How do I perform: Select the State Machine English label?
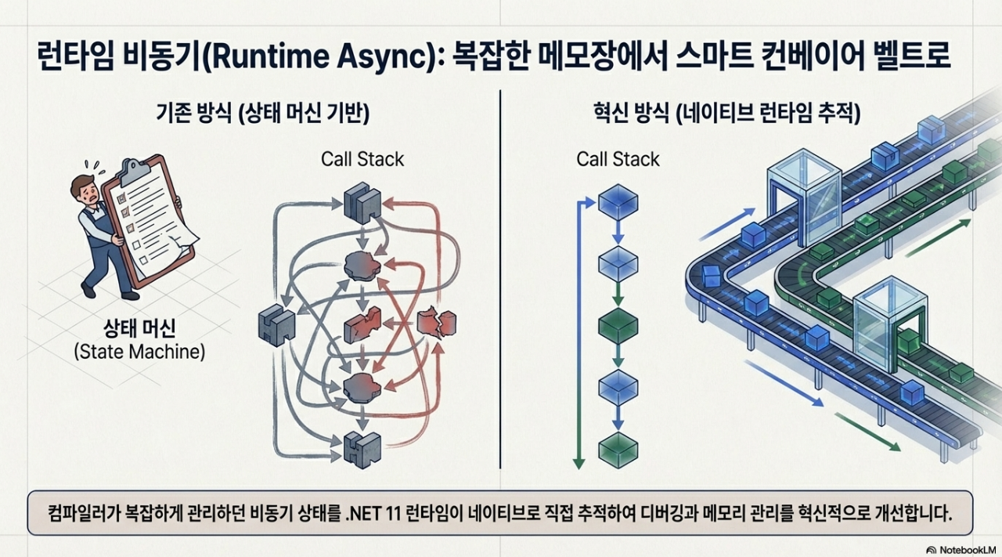point(139,352)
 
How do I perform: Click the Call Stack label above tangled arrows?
point(362,160)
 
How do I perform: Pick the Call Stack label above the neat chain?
point(618,160)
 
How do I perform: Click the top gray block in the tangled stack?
point(362,201)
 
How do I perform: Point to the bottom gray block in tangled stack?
point(362,448)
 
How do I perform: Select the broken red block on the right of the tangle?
point(437,323)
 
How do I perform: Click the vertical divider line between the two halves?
point(499,282)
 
